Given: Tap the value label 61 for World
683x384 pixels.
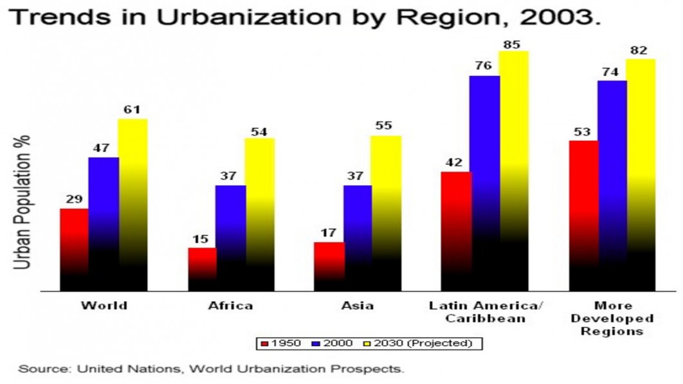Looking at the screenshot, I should [132, 110].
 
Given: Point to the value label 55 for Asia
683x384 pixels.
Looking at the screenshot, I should [384, 126].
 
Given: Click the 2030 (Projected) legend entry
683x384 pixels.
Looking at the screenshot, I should [431, 343].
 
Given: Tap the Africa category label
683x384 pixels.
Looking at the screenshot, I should [230, 306].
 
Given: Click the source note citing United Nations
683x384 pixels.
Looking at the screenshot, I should [212, 369].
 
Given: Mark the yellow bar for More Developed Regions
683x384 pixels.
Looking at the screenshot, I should [640, 174].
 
